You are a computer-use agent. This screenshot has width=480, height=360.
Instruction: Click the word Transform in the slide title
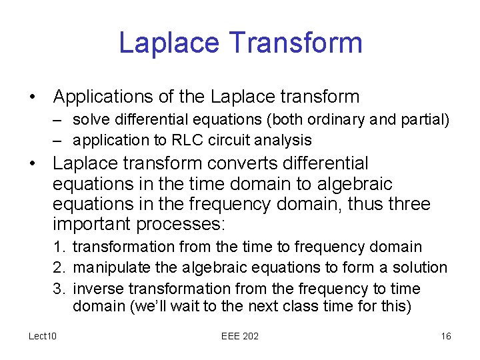295,43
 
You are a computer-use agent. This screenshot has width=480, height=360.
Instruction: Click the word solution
422,267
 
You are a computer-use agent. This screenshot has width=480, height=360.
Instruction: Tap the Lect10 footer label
43,336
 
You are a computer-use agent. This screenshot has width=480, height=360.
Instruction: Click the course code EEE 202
239,336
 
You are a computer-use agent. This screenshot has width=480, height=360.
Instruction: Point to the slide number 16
446,336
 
